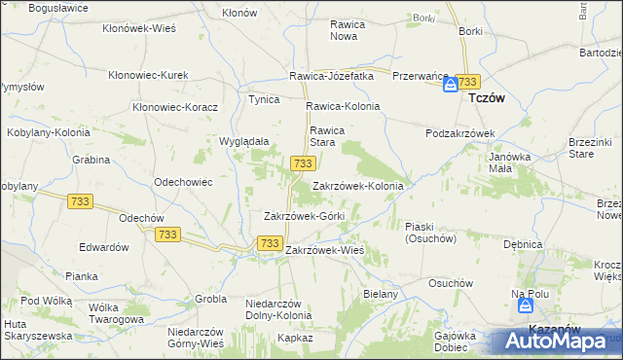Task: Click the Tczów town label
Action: [486, 98]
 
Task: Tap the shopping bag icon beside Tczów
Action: [452, 86]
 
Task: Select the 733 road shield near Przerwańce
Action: [469, 82]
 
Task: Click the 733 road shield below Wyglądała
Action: [302, 163]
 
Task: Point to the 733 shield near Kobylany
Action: [81, 200]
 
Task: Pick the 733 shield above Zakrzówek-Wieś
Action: [270, 242]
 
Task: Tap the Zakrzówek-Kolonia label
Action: [357, 185]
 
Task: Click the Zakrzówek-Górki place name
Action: [305, 215]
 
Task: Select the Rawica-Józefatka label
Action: [332, 76]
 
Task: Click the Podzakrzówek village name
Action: [461, 133]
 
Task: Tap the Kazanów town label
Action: [548, 330]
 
